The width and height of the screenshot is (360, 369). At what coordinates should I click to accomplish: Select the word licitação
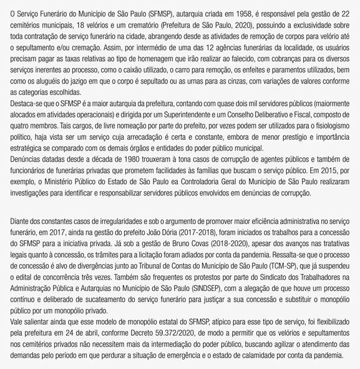(172, 253)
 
